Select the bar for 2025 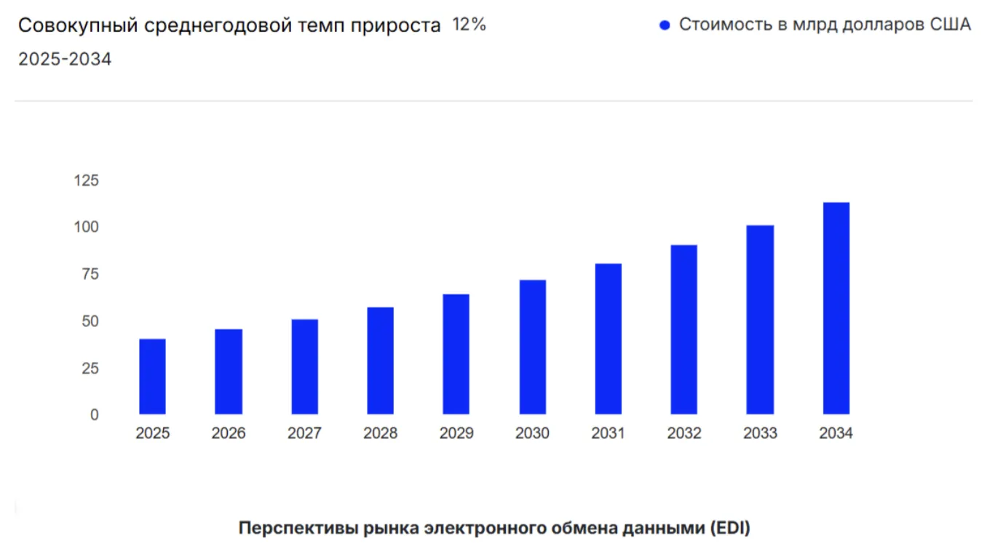click(152, 376)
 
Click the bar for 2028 click(380, 360)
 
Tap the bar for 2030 click(532, 347)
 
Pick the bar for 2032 click(683, 329)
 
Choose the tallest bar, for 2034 click(836, 308)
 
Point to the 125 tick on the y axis click(86, 181)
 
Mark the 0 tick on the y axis click(94, 414)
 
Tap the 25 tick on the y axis click(90, 368)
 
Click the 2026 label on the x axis click(229, 433)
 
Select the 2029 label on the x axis click(456, 433)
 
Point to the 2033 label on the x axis click(760, 433)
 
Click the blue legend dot click(664, 25)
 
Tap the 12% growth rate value click(469, 25)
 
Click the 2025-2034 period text click(65, 60)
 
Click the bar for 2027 click(304, 366)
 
